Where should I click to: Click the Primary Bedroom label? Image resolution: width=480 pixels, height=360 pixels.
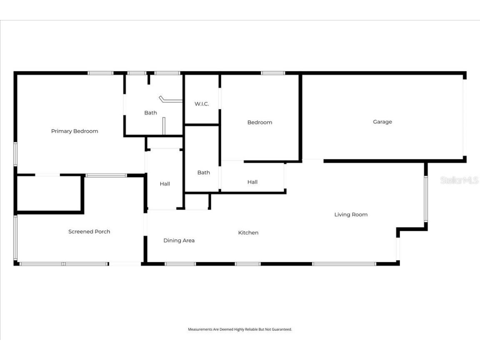pyautogui.click(x=75, y=131)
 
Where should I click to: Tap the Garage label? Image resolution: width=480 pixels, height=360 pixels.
pyautogui.click(x=382, y=122)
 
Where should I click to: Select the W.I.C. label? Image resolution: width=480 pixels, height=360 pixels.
pyautogui.click(x=202, y=104)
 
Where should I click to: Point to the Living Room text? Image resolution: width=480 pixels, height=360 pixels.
pyautogui.click(x=351, y=215)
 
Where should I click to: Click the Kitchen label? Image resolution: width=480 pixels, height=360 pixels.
pyautogui.click(x=248, y=233)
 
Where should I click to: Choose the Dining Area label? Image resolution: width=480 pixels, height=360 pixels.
pyautogui.click(x=179, y=240)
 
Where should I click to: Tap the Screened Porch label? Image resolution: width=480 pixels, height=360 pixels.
pyautogui.click(x=89, y=232)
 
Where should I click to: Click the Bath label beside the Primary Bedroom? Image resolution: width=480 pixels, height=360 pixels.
pyautogui.click(x=151, y=113)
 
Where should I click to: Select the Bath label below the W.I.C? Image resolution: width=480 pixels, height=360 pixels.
pyautogui.click(x=203, y=172)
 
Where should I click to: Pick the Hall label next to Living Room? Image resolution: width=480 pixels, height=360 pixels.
pyautogui.click(x=252, y=182)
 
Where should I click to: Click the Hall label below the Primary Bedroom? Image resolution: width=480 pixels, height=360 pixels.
pyautogui.click(x=165, y=184)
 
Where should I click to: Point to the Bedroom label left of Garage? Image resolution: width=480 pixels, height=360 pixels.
pyautogui.click(x=260, y=122)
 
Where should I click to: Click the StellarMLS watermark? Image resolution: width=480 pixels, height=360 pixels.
pyautogui.click(x=459, y=180)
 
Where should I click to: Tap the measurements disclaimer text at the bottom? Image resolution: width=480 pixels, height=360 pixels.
pyautogui.click(x=240, y=329)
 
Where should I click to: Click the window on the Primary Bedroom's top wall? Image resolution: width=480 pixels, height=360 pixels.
pyautogui.click(x=100, y=73)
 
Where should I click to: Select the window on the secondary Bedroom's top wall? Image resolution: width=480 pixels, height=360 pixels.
pyautogui.click(x=273, y=73)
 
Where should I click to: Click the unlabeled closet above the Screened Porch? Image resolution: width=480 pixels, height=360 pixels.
pyautogui.click(x=49, y=194)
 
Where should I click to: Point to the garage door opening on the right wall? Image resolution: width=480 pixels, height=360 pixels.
pyautogui.click(x=463, y=117)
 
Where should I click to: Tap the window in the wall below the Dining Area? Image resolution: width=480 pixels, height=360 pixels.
pyautogui.click(x=180, y=264)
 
